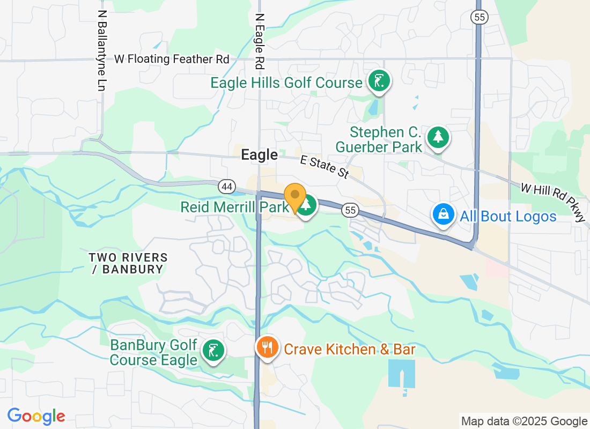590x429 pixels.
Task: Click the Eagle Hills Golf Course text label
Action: point(286,83)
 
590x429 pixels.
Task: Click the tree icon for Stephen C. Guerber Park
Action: point(438,137)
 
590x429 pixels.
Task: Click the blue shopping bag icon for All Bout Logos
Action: point(444,215)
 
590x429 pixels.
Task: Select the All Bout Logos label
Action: point(508,216)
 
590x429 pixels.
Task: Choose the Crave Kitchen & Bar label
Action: point(350,350)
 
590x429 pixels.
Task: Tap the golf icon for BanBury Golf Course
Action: point(213,351)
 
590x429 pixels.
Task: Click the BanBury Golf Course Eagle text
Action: point(153,352)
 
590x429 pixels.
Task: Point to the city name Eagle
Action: point(260,155)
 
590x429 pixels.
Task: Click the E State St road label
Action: point(325,167)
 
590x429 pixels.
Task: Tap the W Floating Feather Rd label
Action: point(172,59)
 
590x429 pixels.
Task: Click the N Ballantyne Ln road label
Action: point(101,50)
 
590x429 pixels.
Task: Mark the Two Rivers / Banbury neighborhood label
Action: point(128,263)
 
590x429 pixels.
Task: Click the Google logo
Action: point(36,416)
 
